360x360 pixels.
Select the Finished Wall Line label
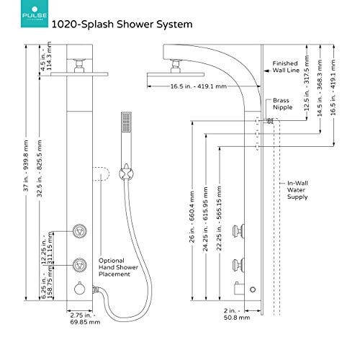(288, 67)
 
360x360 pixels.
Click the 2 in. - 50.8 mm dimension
(233, 333)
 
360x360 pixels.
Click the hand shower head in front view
(127, 125)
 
